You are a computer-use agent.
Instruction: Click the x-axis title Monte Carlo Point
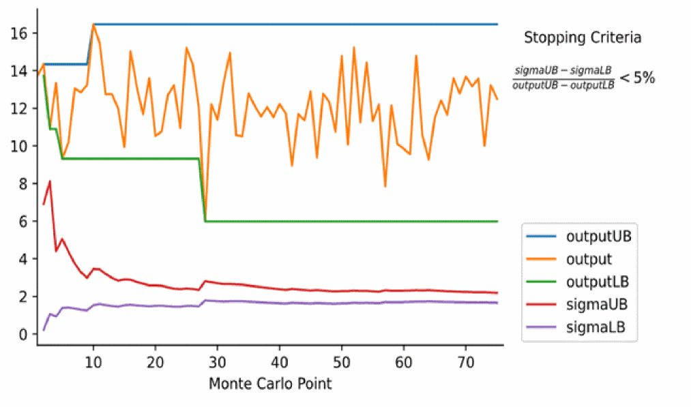[270, 383]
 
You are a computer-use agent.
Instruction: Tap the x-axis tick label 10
[93, 361]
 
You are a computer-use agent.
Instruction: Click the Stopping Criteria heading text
[583, 38]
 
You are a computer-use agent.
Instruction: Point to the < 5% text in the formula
[637, 78]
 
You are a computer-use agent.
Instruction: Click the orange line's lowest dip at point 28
[205, 220]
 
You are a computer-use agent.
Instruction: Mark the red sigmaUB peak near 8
[50, 181]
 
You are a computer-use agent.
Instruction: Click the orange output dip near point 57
[385, 186]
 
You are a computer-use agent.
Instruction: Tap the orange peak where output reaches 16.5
[93, 25]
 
